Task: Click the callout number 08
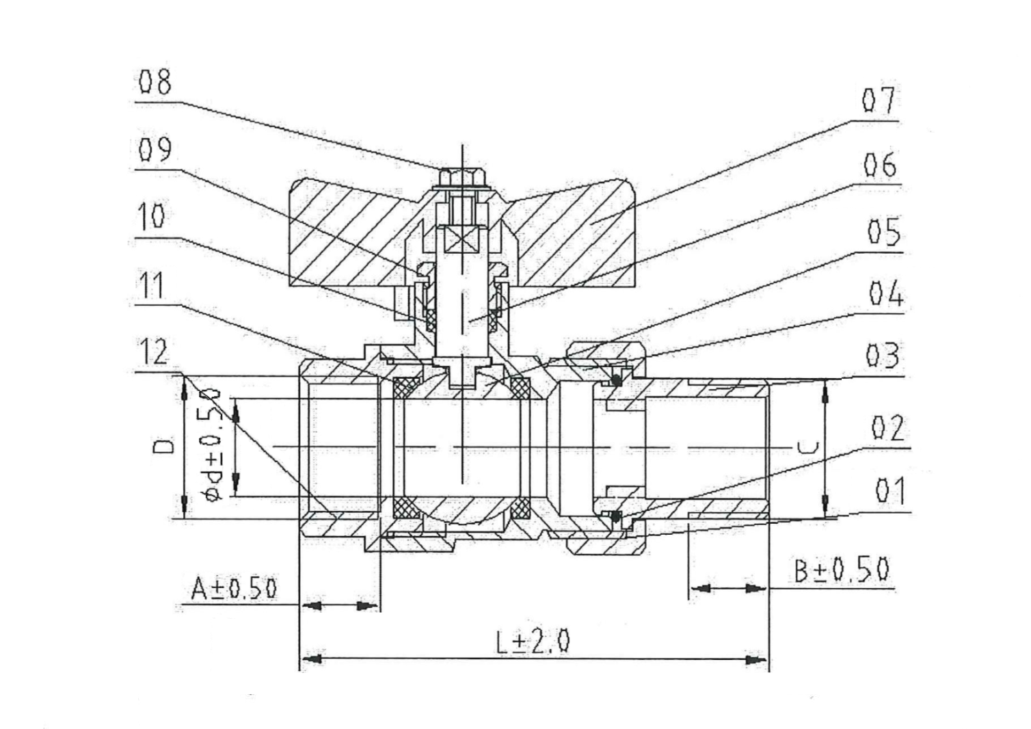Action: [x=156, y=83]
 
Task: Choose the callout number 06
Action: [x=880, y=165]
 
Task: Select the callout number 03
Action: [x=883, y=356]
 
